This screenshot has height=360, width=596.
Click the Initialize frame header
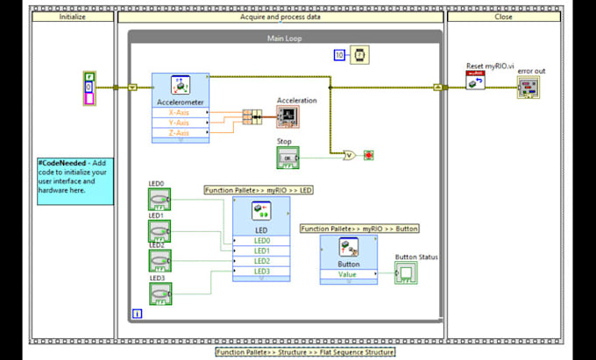[73, 15]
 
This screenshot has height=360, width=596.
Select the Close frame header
[504, 15]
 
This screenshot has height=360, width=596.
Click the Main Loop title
[284, 39]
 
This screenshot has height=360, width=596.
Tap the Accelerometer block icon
[181, 86]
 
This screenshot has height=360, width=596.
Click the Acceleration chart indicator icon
[290, 116]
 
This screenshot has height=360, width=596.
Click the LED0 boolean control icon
[160, 200]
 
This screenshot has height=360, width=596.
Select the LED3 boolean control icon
[160, 293]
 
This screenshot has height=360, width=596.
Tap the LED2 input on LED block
[262, 261]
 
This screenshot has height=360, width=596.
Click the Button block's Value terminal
[349, 274]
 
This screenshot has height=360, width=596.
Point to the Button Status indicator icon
[406, 273]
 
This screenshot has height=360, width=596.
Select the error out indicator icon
[528, 87]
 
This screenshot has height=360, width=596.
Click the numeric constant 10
[339, 56]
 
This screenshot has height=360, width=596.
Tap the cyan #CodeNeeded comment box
[74, 180]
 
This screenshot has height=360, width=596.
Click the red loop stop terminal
[369, 156]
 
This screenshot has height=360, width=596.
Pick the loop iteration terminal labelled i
[137, 313]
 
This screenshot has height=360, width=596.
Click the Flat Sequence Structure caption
[305, 351]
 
